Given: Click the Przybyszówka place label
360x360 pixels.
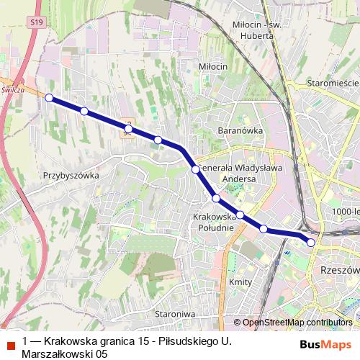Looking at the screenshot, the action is (x=71, y=174).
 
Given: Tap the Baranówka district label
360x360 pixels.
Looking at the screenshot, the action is (x=240, y=130).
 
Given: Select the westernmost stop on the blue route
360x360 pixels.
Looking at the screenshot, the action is (x=49, y=98).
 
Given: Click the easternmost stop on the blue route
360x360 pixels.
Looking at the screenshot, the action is (x=311, y=243).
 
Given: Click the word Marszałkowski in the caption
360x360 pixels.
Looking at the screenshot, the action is (x=55, y=354).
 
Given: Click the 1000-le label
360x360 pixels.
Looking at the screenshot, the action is (x=346, y=210).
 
